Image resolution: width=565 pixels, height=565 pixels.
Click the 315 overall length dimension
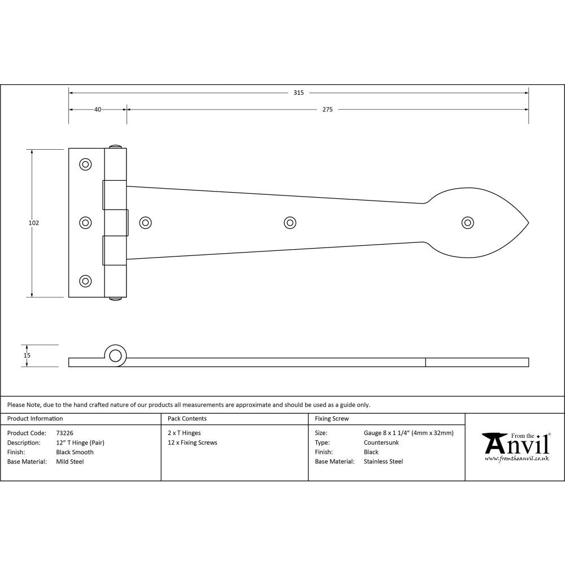[298, 93]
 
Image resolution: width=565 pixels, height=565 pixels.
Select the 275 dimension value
[327, 110]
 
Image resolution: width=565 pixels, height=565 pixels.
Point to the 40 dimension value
[98, 110]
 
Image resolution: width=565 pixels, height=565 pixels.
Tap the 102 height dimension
[34, 223]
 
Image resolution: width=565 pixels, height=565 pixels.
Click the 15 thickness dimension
[27, 355]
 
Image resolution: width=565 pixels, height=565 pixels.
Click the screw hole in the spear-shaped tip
[468, 223]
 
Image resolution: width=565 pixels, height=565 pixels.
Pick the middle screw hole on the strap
[290, 223]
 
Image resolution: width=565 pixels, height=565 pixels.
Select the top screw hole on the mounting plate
[85, 164]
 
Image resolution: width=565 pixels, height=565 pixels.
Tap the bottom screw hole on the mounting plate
[85, 281]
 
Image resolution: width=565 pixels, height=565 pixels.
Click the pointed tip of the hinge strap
[528, 223]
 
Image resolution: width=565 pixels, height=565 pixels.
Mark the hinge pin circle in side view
[115, 355]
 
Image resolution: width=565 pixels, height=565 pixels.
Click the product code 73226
[65, 433]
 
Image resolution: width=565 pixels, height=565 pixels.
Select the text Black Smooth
[75, 452]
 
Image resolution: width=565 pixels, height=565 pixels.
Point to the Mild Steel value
[70, 462]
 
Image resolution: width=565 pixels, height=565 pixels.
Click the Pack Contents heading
[187, 419]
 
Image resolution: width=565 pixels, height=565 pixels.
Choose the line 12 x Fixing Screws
[192, 442]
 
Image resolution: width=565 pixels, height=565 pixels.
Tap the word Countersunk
[381, 442]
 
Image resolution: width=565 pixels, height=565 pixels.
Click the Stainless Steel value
[383, 462]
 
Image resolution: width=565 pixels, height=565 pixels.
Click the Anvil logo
[515, 446]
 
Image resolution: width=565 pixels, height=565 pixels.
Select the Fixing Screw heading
[332, 419]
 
